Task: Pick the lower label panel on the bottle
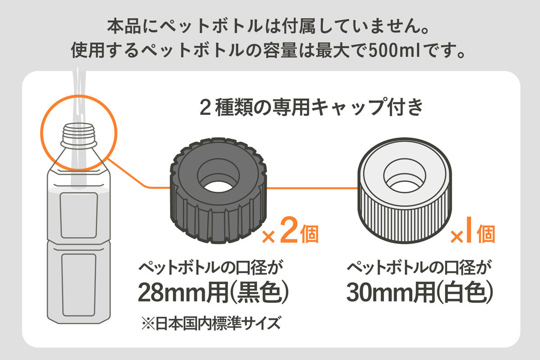coord(79,283)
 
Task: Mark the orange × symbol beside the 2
coord(269,237)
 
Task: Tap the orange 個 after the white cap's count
coord(486,234)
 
